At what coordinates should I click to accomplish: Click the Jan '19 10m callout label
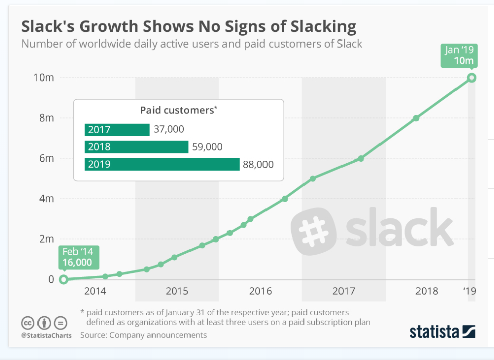coord(459,55)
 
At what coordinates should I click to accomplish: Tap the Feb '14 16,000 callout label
coord(77,257)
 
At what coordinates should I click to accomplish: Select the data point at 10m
coord(471,77)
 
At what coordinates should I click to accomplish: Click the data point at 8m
coord(416,118)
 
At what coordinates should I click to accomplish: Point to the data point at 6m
coord(361,158)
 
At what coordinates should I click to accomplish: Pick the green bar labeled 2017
coord(117,129)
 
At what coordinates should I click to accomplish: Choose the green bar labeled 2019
coord(162,164)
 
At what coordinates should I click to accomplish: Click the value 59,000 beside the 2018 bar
coord(207,147)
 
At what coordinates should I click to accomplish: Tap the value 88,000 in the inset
coord(258,164)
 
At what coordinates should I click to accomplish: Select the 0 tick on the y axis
coord(51,279)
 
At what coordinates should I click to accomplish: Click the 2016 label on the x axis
coord(260,291)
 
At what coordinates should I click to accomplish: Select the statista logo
coord(442,332)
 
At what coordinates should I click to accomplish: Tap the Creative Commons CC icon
coord(27,323)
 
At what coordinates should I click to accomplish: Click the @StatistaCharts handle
coord(47,335)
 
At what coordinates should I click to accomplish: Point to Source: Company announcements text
coord(143,335)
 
